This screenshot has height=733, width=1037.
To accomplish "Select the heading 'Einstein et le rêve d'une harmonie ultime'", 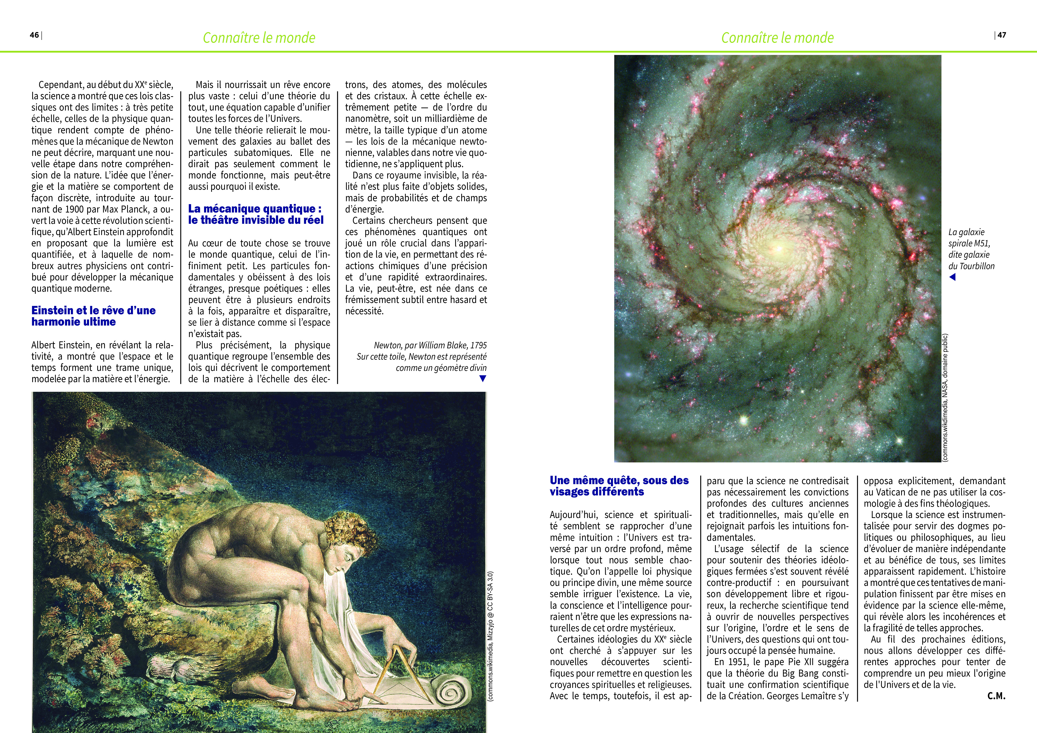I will pyautogui.click(x=93, y=316).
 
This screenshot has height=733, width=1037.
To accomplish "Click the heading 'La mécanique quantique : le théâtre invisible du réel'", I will pyautogui.click(x=256, y=214).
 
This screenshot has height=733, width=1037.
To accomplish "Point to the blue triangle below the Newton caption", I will pyautogui.click(x=482, y=379).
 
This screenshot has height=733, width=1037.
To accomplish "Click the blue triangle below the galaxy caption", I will pyautogui.click(x=952, y=277).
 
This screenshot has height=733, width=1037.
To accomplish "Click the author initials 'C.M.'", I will pyautogui.click(x=996, y=696).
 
